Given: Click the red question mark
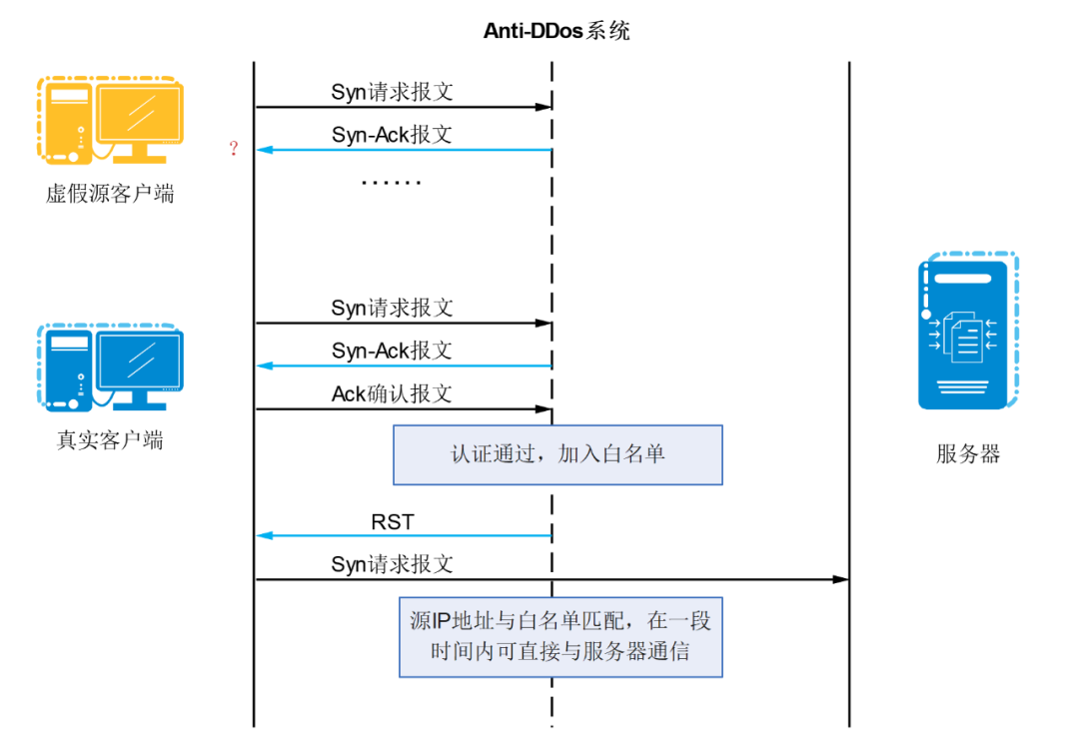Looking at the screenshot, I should point(234,150).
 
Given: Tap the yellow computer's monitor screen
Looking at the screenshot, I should point(140,113).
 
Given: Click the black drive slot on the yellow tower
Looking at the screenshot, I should point(69,94).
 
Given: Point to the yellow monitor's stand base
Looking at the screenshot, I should point(140,159).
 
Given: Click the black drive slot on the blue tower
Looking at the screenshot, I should point(69,342).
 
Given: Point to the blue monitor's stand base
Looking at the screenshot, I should point(140,405).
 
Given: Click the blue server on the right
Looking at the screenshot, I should point(963,335).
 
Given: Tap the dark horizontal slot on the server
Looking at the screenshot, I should point(962,279).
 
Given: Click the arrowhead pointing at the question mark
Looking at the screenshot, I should point(265,150).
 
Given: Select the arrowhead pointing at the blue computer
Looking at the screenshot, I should point(265,365).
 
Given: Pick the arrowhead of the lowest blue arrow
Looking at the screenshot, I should point(265,536).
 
